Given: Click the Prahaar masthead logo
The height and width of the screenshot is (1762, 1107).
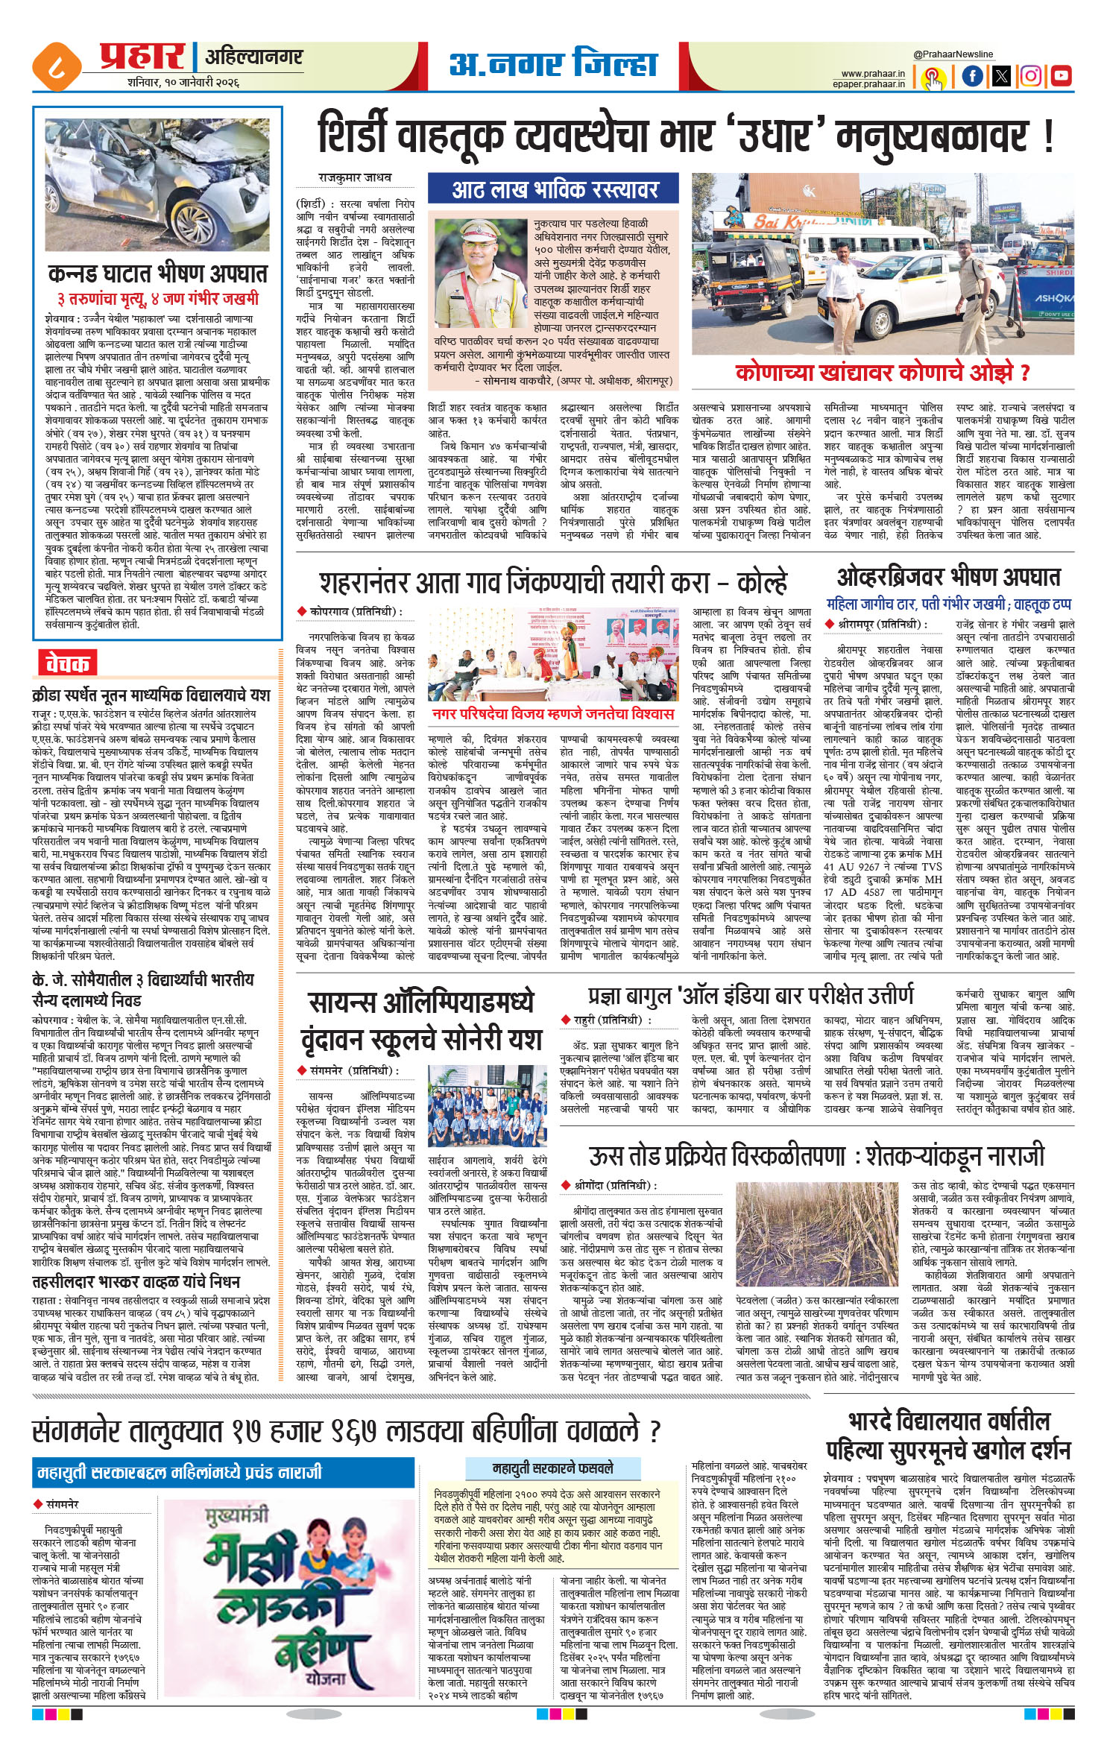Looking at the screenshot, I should pos(141,56).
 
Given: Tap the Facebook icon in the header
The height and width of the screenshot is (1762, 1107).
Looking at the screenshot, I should pos(972,75).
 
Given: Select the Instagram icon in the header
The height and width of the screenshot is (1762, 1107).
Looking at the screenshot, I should pos(1031,75).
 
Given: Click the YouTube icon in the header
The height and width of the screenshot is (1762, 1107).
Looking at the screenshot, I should pos(1060,75).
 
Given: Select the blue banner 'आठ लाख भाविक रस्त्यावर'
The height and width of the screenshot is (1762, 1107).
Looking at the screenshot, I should pos(554,189).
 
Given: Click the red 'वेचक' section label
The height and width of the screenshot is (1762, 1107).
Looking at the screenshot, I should pos(67,662).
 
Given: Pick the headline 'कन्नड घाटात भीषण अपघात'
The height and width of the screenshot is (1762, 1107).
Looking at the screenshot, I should pos(157,275).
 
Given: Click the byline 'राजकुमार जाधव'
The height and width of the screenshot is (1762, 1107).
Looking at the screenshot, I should pos(355,178).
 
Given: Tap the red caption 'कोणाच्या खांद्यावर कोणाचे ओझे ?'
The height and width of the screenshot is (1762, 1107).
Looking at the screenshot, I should pos(883,372).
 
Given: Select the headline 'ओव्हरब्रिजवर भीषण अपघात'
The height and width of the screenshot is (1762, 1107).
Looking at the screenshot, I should pos(948,576).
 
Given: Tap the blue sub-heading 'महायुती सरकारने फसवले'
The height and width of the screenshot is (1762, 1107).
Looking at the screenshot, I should pos(552,1468).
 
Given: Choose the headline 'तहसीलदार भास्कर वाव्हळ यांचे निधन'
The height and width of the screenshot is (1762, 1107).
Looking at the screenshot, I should pos(136,1303).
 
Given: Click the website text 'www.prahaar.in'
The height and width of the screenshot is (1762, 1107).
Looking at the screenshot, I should pos(873,74).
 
